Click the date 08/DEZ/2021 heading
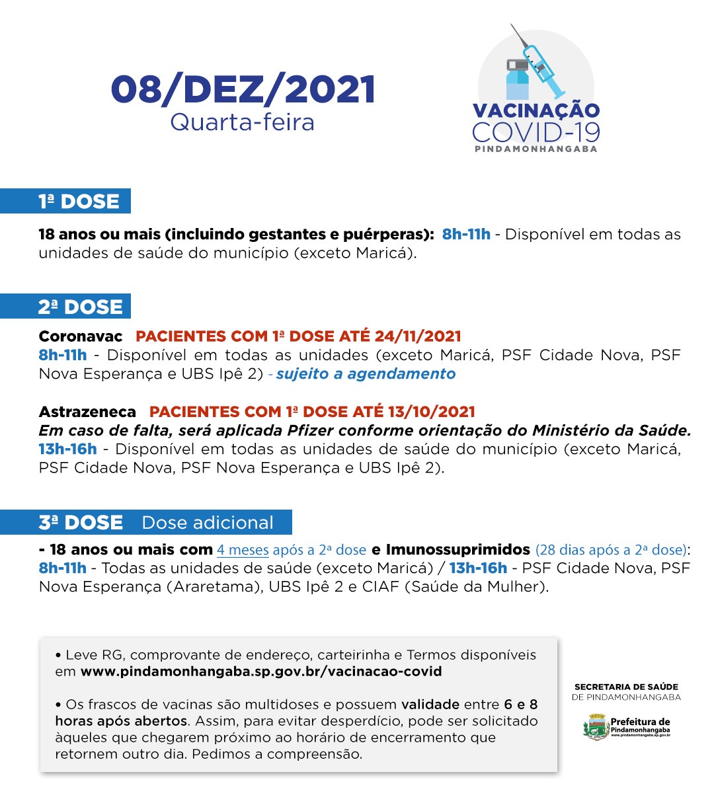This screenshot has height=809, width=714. pyautogui.click(x=243, y=90)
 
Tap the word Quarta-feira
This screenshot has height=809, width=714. pyautogui.click(x=242, y=122)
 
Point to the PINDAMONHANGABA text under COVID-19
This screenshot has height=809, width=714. pyautogui.click(x=535, y=149)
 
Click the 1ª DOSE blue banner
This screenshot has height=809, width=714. pyautogui.click(x=66, y=201)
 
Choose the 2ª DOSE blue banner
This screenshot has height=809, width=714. pyautogui.click(x=66, y=307)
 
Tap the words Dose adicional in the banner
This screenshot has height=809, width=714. pyautogui.click(x=207, y=522)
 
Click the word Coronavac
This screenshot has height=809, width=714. pyautogui.click(x=81, y=336)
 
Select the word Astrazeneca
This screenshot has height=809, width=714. pyautogui.click(x=87, y=412)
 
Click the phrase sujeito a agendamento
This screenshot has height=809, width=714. pyautogui.click(x=366, y=374)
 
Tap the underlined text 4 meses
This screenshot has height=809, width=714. pyautogui.click(x=243, y=550)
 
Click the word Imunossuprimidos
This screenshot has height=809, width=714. pyautogui.click(x=457, y=550)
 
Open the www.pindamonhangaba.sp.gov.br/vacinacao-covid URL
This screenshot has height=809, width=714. pyautogui.click(x=260, y=672)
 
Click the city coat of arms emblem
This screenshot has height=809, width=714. pyautogui.click(x=596, y=727)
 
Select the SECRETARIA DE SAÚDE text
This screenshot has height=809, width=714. pyautogui.click(x=625, y=687)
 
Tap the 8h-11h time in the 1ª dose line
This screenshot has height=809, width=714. pyautogui.click(x=466, y=234)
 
